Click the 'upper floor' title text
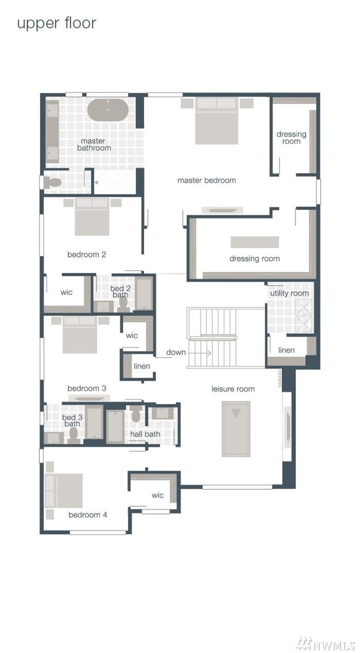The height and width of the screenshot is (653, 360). click(x=56, y=24)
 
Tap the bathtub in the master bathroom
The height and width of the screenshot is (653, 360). click(x=108, y=110)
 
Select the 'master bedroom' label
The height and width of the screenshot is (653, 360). click(x=206, y=180)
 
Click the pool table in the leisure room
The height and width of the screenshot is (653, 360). click(x=236, y=429)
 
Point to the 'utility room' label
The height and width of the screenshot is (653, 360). click(x=289, y=293)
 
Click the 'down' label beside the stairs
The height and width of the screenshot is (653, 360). click(x=176, y=352)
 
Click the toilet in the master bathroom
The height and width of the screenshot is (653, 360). click(x=53, y=182)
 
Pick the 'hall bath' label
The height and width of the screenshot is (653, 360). click(x=145, y=435)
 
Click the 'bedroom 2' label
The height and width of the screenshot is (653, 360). click(x=86, y=255)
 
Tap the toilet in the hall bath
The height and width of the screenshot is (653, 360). click(x=136, y=415)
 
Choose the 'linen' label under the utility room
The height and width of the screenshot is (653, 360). click(x=286, y=350)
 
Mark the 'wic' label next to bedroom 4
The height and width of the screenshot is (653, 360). click(x=158, y=495)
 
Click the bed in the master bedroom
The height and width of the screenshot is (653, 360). click(x=217, y=121)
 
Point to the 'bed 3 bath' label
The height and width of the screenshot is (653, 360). click(x=72, y=420)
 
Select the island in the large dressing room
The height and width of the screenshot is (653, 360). click(x=255, y=242)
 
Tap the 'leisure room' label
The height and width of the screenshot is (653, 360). click(x=233, y=389)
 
